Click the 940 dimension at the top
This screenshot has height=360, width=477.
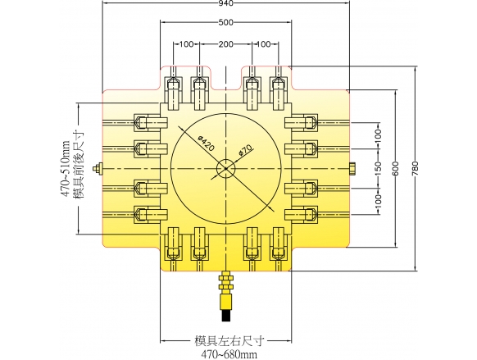tap(225, 3)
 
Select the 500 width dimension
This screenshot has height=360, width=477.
tap(225, 22)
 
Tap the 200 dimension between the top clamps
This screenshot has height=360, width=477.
tap(225, 44)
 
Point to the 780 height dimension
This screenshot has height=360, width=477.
tap(416, 168)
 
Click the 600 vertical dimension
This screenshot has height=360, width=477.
tap(396, 168)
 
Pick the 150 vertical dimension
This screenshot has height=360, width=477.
tap(378, 168)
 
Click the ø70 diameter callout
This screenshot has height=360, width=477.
tap(246, 150)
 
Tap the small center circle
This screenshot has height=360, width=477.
tap(225, 169)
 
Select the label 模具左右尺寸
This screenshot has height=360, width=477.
tap(228, 341)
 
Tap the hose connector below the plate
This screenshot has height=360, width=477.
tap(225, 296)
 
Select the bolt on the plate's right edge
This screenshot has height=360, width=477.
tap(352, 169)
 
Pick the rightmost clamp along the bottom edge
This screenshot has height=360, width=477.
tap(278, 244)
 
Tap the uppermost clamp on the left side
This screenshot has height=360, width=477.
tap(151, 123)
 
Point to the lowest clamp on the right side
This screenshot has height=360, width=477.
tap(301, 214)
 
